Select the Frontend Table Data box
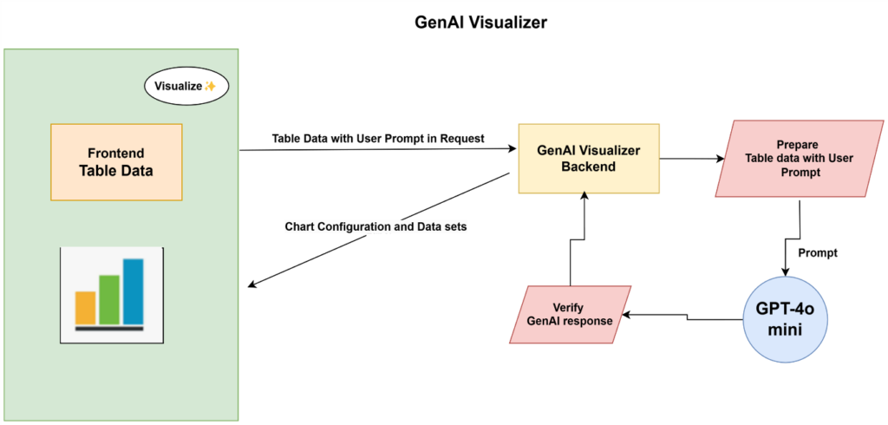click(x=116, y=162)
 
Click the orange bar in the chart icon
click(x=85, y=307)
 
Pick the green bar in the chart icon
click(x=109, y=298)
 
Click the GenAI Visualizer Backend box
click(x=588, y=158)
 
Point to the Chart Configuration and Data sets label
click(x=376, y=227)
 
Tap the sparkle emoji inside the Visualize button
click(x=210, y=87)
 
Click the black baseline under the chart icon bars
click(x=109, y=329)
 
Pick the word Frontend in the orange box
click(x=116, y=151)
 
